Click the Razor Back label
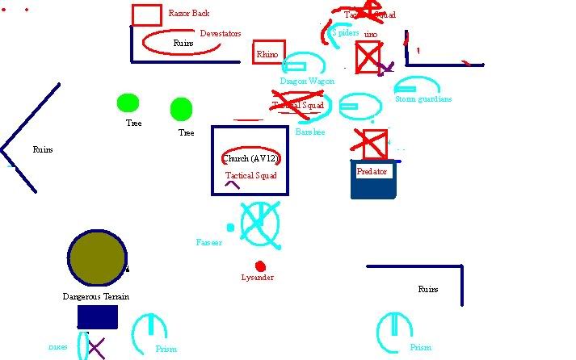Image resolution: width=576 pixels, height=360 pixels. click(x=188, y=14)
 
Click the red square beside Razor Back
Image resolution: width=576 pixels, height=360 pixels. click(x=146, y=15)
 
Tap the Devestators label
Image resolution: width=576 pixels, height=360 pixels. click(x=221, y=33)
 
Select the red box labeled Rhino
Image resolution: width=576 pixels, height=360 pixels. click(x=269, y=52)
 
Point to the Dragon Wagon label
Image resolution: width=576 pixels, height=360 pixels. click(x=307, y=81)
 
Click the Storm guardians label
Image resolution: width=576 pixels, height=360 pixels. click(x=423, y=99)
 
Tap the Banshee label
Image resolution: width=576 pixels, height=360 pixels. click(x=310, y=132)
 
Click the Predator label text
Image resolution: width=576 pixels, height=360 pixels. click(x=372, y=172)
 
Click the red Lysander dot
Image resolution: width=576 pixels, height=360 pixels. click(x=260, y=266)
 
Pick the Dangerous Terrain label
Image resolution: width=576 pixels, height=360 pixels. click(x=96, y=296)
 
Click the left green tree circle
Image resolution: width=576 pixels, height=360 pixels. click(x=128, y=103)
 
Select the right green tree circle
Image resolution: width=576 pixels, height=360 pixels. click(x=181, y=108)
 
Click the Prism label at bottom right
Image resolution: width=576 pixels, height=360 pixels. click(x=420, y=348)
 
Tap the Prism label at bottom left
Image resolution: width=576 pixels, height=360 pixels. click(x=166, y=350)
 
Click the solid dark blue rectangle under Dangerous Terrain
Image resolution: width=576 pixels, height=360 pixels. click(x=97, y=317)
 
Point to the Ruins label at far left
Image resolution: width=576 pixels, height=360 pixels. click(x=43, y=149)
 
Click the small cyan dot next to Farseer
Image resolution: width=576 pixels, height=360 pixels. click(x=230, y=228)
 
